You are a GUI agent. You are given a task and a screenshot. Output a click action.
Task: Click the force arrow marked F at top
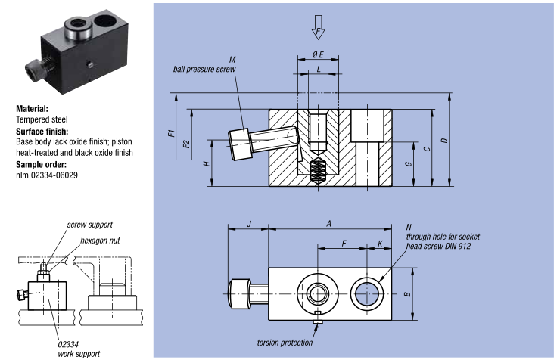click(318, 29)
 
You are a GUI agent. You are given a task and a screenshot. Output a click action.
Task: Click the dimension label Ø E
click(319, 54)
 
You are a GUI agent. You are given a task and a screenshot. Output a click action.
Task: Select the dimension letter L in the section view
click(319, 70)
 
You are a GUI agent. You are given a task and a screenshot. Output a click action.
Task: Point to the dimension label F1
click(172, 135)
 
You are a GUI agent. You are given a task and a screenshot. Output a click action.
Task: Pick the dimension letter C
click(428, 149)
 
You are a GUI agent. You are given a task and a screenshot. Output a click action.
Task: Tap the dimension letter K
click(380, 244)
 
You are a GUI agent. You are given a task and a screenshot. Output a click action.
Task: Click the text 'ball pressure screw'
click(205, 69)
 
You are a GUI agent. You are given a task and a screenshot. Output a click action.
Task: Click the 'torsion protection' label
click(285, 342)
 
